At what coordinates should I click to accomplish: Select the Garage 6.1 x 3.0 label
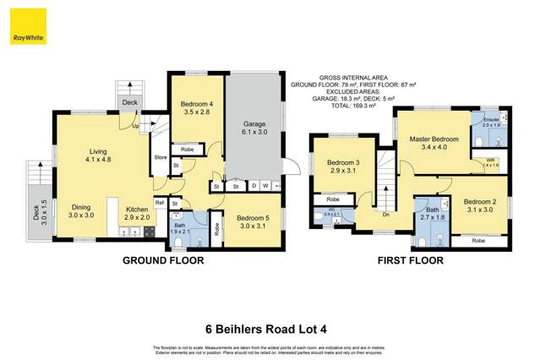click(x=254, y=127)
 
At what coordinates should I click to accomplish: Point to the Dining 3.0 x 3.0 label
click(x=81, y=211)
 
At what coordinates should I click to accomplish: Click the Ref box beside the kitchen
click(x=159, y=203)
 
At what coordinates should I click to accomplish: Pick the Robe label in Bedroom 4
click(x=188, y=149)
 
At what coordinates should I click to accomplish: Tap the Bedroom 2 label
click(x=478, y=205)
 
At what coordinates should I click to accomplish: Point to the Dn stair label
click(x=385, y=214)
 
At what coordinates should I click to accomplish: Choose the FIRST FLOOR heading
click(x=410, y=262)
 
